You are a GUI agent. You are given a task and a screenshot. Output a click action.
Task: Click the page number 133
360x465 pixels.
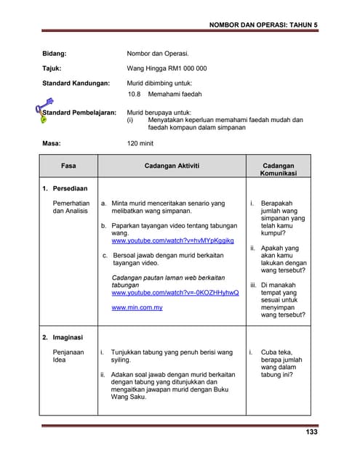(311, 432)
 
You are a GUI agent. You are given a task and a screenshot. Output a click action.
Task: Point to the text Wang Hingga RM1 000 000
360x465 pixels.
(167, 68)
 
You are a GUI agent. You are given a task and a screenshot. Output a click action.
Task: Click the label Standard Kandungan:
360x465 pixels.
(75, 83)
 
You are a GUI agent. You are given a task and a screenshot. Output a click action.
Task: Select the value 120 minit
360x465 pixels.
(143, 144)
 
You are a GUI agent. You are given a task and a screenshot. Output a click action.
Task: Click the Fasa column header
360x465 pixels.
(68, 166)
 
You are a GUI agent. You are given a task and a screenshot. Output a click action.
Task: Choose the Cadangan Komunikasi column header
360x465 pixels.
(278, 170)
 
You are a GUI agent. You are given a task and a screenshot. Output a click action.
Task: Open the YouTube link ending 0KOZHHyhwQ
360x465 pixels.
(175, 292)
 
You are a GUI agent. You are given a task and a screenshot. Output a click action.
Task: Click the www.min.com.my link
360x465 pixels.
(137, 308)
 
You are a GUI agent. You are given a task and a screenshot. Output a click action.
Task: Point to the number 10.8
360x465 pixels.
(134, 94)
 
